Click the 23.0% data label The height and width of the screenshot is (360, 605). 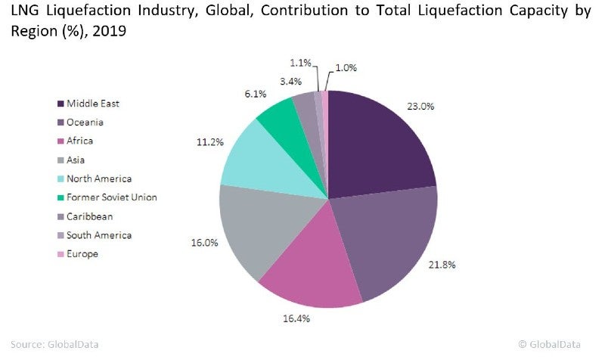[x=421, y=107]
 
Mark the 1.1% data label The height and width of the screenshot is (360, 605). [x=301, y=62]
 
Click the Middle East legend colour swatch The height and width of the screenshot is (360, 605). [x=60, y=104]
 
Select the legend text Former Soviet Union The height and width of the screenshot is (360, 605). [x=111, y=197]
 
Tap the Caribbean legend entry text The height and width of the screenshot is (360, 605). [x=91, y=216]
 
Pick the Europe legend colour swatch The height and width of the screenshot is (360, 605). [x=60, y=254]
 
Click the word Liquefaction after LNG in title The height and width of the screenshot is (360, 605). [x=81, y=14]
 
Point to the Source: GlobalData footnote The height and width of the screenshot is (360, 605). [x=54, y=344]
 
